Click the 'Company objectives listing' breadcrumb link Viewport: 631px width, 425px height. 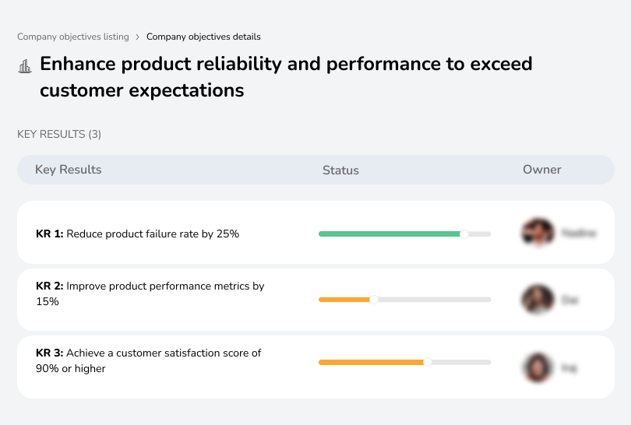pos(73,37)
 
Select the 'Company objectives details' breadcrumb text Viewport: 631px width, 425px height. pos(203,37)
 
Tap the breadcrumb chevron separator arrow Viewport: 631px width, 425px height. pos(138,37)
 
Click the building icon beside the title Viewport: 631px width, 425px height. pos(25,66)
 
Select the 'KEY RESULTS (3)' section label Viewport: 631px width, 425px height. pos(59,135)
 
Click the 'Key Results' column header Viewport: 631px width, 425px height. pos(68,170)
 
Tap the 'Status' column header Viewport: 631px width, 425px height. pos(340,170)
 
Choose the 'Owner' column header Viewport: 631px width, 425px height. pos(541,170)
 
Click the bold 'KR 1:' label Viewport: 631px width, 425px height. pos(50,234)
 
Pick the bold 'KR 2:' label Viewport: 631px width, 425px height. pos(50,286)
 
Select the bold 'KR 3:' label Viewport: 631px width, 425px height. pos(50,353)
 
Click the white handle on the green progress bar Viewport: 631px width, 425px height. pos(464,234)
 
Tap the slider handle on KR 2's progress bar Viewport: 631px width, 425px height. pos(373,300)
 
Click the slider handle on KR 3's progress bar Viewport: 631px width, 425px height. pos(427,362)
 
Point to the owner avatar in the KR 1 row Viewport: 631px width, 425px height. pos(538,232)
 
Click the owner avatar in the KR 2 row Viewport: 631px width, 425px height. pos(538,299)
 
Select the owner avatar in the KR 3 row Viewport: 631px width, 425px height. pos(538,367)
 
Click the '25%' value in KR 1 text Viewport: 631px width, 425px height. pos(227,234)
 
